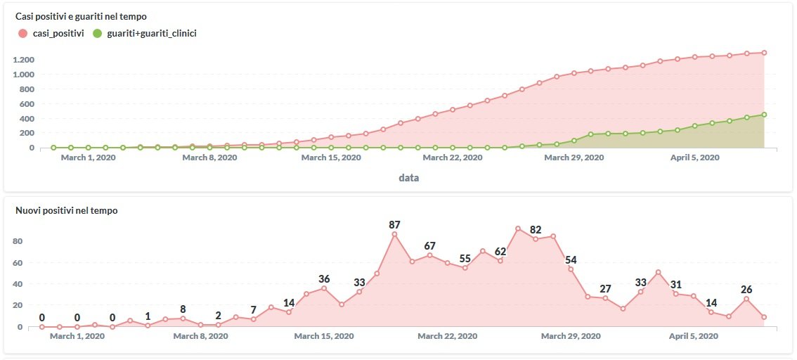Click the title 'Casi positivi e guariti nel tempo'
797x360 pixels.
[81, 16]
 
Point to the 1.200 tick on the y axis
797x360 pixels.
[23, 60]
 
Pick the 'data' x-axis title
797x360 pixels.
[408, 178]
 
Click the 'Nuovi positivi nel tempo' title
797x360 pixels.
[66, 210]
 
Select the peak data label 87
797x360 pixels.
[394, 224]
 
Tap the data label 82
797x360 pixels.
[536, 229]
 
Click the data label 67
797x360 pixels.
[429, 245]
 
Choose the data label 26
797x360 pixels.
[746, 289]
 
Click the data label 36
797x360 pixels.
[324, 279]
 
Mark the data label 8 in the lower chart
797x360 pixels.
[183, 309]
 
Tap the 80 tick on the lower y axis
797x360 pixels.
[18, 241]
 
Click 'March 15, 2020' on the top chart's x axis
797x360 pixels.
[331, 158]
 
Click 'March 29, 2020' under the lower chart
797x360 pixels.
[570, 336]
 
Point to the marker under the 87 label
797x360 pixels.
[394, 234]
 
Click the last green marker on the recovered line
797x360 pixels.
[764, 115]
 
